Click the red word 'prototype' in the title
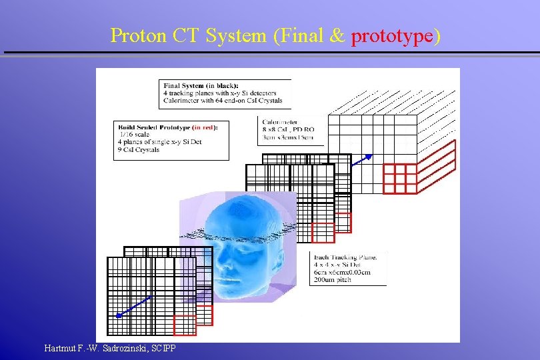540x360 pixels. pyautogui.click(x=392, y=36)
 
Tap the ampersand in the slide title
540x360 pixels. pyautogui.click(x=337, y=36)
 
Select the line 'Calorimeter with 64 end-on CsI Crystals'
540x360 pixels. pyautogui.click(x=223, y=101)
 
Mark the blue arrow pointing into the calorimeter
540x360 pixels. pyautogui.click(x=363, y=159)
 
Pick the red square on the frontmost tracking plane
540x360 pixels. pyautogui.click(x=185, y=325)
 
